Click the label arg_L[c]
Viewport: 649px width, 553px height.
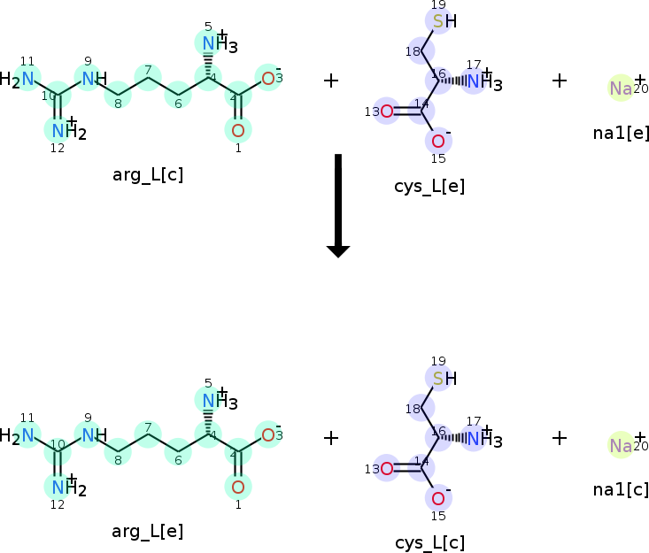(x=148, y=173)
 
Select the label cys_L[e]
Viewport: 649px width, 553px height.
(x=429, y=186)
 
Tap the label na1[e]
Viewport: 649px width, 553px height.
(x=622, y=133)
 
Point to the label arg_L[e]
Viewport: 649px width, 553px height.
(x=148, y=531)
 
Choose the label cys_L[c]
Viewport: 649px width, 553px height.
(x=429, y=542)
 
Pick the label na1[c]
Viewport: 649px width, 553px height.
(x=622, y=488)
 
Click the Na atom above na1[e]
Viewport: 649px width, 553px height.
(x=622, y=88)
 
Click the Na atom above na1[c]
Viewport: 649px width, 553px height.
(x=622, y=445)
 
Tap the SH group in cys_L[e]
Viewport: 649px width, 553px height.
(x=444, y=21)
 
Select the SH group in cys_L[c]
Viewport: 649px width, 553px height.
(x=444, y=379)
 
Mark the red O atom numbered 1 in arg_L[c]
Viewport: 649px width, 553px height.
(x=237, y=131)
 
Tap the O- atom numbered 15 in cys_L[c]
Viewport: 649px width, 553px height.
(x=438, y=497)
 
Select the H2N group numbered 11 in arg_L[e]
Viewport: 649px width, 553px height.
(x=21, y=435)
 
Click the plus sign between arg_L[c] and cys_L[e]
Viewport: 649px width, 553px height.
(x=331, y=81)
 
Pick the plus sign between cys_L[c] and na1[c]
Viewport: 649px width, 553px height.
(x=560, y=437)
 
